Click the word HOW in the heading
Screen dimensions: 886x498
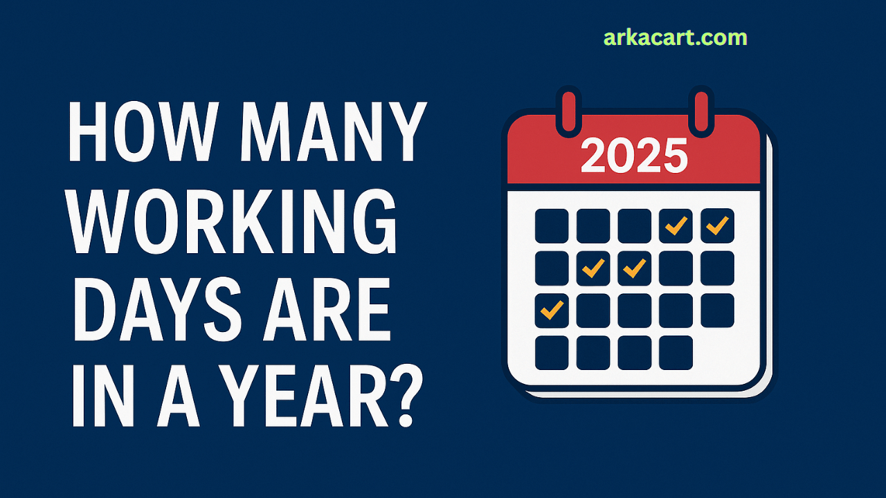pyautogui.click(x=143, y=131)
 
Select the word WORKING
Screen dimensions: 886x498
pyautogui.click(x=232, y=221)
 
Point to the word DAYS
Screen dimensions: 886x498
pyautogui.click(x=157, y=309)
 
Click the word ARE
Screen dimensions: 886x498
pyautogui.click(x=327, y=309)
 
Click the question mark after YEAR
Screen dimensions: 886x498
pyautogui.click(x=406, y=396)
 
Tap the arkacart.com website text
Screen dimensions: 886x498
pyautogui.click(x=675, y=38)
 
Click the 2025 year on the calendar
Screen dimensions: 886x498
pyautogui.click(x=634, y=156)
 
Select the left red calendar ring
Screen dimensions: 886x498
pyautogui.click(x=569, y=112)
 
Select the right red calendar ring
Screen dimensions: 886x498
pyautogui.click(x=701, y=112)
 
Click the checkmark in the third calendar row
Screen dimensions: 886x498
pyautogui.click(x=552, y=311)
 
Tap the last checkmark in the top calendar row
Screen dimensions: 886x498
pyautogui.click(x=717, y=225)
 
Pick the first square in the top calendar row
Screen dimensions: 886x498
pyautogui.click(x=552, y=226)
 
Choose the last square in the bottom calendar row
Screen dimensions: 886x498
pyautogui.click(x=676, y=353)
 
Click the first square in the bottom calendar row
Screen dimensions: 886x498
pyautogui.click(x=552, y=353)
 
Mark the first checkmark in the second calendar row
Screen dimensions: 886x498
pyautogui.click(x=593, y=268)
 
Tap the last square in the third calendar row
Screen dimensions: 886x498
pyautogui.click(x=718, y=311)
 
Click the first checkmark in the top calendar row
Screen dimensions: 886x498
pyautogui.click(x=676, y=225)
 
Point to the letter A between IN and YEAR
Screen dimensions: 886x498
pyautogui.click(x=178, y=396)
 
